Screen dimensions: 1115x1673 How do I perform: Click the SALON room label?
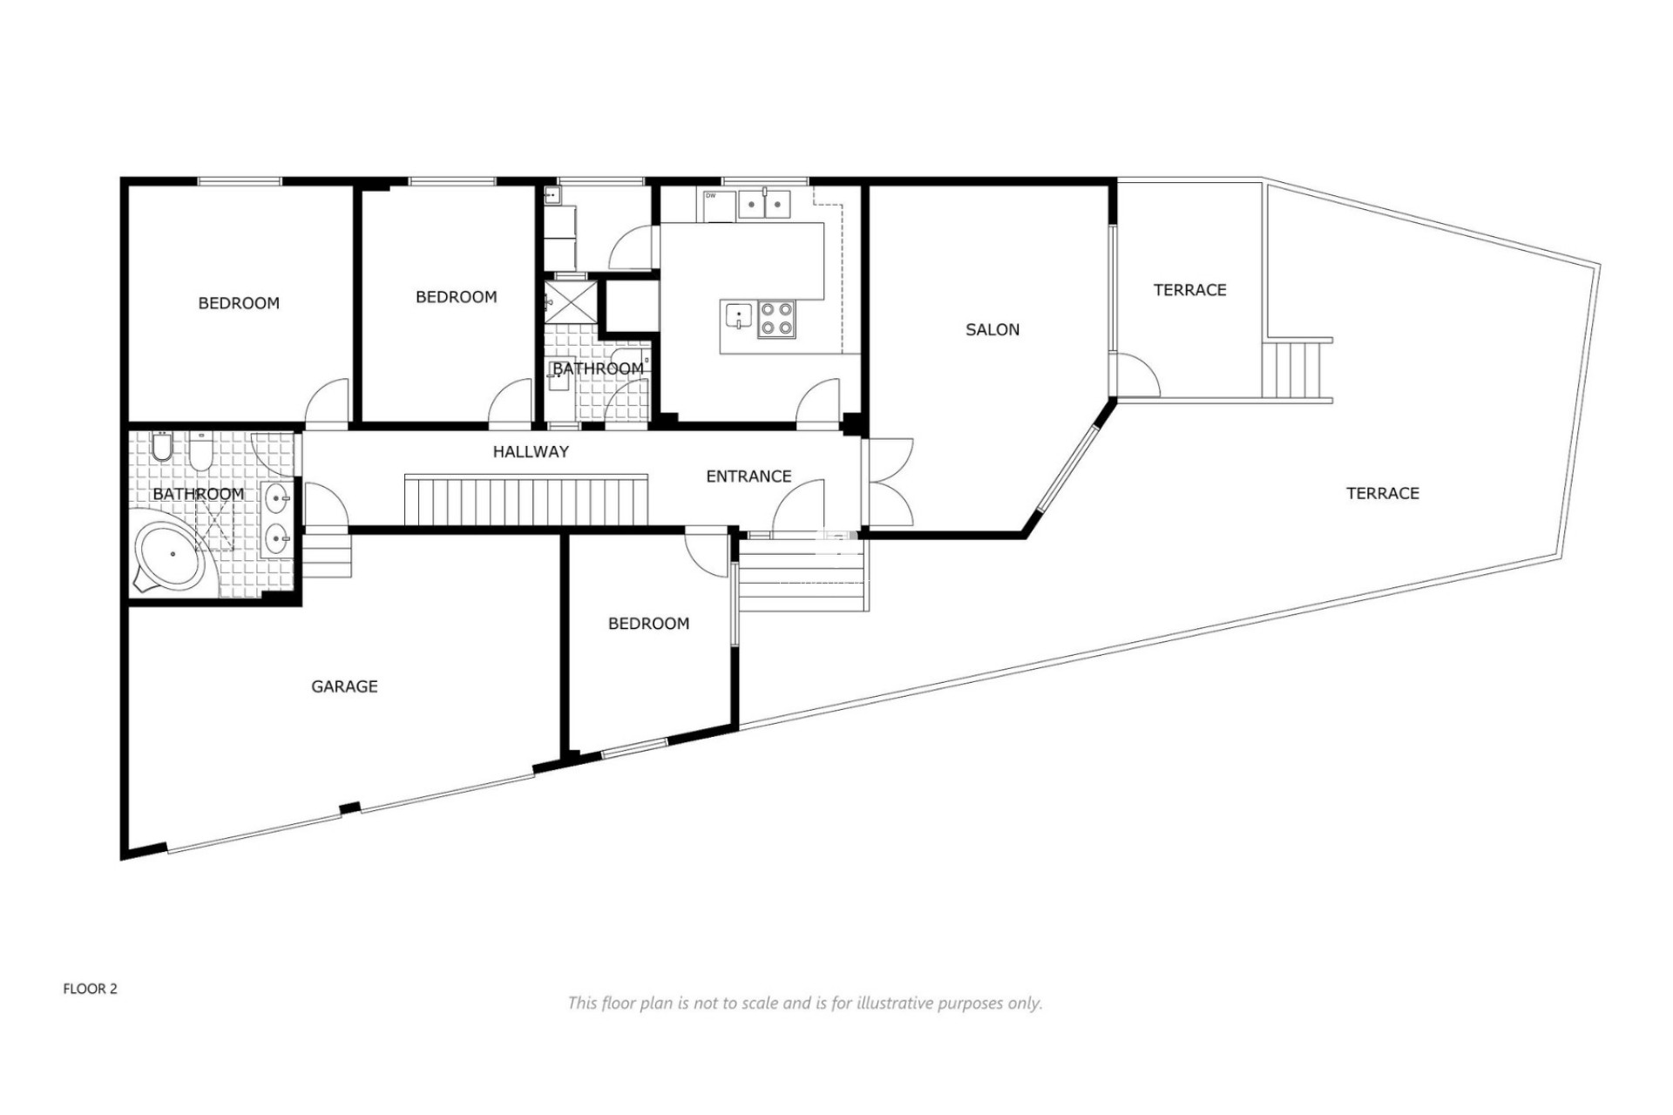click(992, 329)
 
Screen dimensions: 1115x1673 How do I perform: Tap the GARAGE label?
click(344, 686)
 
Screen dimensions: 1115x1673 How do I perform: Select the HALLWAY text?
click(530, 451)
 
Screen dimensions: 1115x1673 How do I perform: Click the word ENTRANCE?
click(748, 476)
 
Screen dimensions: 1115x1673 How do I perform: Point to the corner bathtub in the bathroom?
click(172, 556)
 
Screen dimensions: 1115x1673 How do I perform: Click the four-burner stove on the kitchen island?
click(776, 318)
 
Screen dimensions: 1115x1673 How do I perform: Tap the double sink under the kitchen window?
click(764, 203)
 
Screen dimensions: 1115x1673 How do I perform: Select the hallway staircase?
click(525, 500)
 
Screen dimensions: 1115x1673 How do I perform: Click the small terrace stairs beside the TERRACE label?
click(1297, 368)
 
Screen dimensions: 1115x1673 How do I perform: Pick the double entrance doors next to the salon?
click(889, 482)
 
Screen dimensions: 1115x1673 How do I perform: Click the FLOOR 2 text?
click(90, 989)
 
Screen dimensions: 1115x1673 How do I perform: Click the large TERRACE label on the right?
click(1382, 493)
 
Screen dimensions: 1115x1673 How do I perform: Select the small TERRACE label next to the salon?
click(1189, 290)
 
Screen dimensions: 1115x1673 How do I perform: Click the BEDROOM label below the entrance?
click(648, 624)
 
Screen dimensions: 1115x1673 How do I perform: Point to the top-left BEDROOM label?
click(239, 303)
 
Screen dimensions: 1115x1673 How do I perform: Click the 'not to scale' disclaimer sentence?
click(804, 1003)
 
